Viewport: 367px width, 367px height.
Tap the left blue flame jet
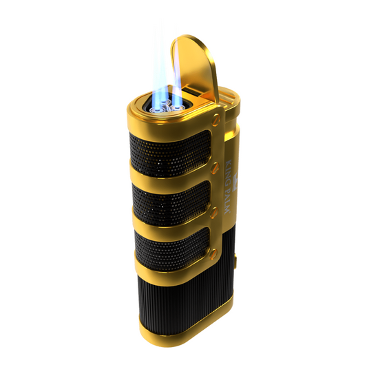coord(159,76)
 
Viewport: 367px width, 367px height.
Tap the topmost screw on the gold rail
coord(216,120)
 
